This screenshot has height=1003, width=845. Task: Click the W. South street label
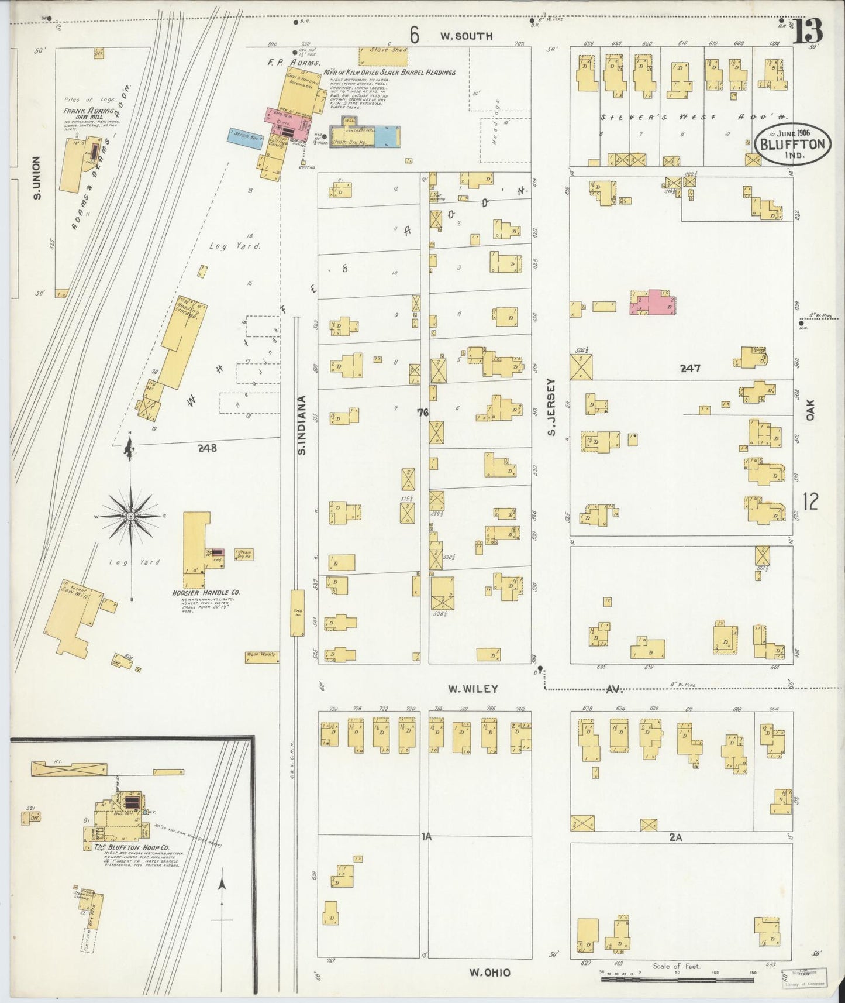point(466,36)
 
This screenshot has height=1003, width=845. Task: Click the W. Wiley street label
point(468,689)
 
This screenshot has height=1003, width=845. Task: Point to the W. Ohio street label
point(489,972)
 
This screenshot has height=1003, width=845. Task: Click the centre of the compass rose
point(130,516)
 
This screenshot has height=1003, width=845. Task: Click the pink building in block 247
point(656,303)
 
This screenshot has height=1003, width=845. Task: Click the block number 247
point(690,369)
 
